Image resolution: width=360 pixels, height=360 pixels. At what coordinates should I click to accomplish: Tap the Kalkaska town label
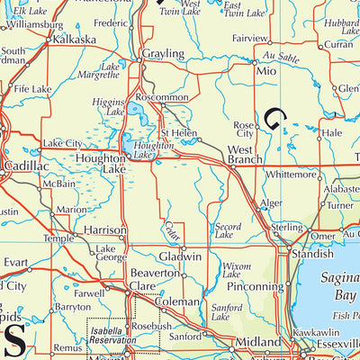click(x=75, y=41)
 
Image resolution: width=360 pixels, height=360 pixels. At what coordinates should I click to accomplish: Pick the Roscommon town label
click(x=161, y=97)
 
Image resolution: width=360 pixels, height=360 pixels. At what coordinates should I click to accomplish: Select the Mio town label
click(x=265, y=69)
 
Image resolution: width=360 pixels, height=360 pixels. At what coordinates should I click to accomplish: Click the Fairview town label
click(x=249, y=39)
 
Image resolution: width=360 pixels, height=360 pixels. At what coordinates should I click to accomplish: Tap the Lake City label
click(x=62, y=143)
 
